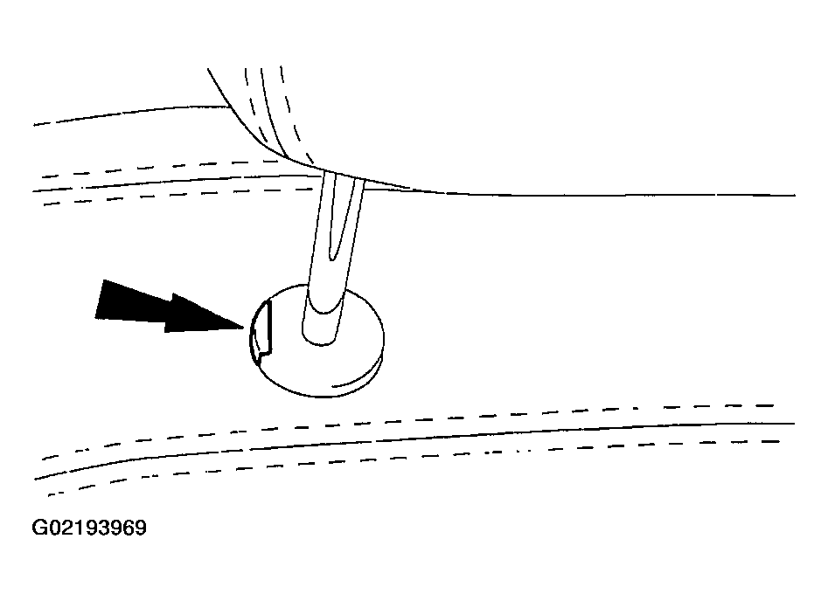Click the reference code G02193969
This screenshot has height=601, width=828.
coord(89,528)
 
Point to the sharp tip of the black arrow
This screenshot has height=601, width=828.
coord(244,328)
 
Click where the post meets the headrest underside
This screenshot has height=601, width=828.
coord(344,176)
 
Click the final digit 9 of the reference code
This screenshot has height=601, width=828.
coord(141,528)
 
